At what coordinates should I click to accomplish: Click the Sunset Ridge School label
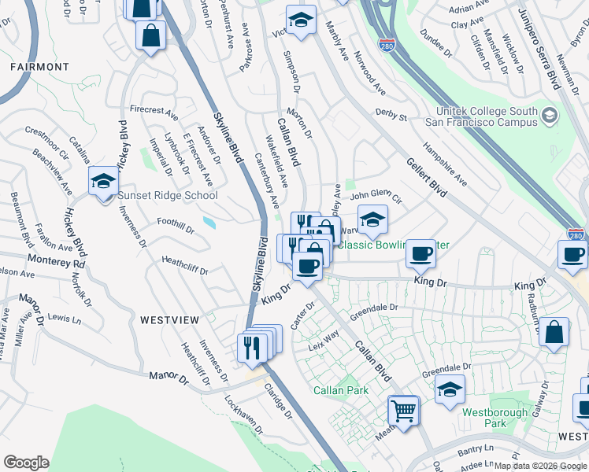(168, 195)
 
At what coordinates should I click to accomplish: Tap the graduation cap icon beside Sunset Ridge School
(103, 183)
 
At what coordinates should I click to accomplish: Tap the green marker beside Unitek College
(548, 117)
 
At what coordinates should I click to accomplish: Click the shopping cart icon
(403, 410)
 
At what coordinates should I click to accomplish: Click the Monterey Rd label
(55, 259)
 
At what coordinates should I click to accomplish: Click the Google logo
(26, 463)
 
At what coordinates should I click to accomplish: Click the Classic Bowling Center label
(394, 245)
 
